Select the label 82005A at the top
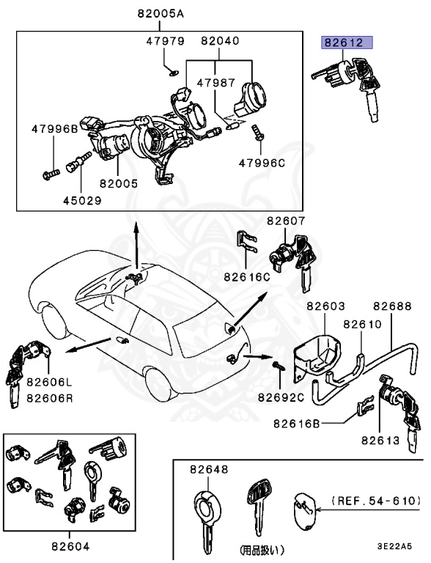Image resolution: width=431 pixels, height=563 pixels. click(x=160, y=14)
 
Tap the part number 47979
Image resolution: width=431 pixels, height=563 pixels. click(x=165, y=41)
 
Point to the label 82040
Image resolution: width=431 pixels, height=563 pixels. click(x=221, y=41)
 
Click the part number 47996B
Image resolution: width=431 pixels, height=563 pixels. click(x=54, y=129)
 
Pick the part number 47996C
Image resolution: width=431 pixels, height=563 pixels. click(x=259, y=163)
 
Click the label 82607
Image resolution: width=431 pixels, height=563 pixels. click(x=286, y=220)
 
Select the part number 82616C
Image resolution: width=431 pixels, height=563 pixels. click(x=248, y=277)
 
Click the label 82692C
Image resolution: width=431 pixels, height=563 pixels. click(x=280, y=398)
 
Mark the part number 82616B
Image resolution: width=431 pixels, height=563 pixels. click(x=298, y=423)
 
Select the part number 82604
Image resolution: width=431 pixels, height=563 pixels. click(x=70, y=545)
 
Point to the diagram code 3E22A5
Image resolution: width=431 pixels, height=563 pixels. click(x=394, y=546)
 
